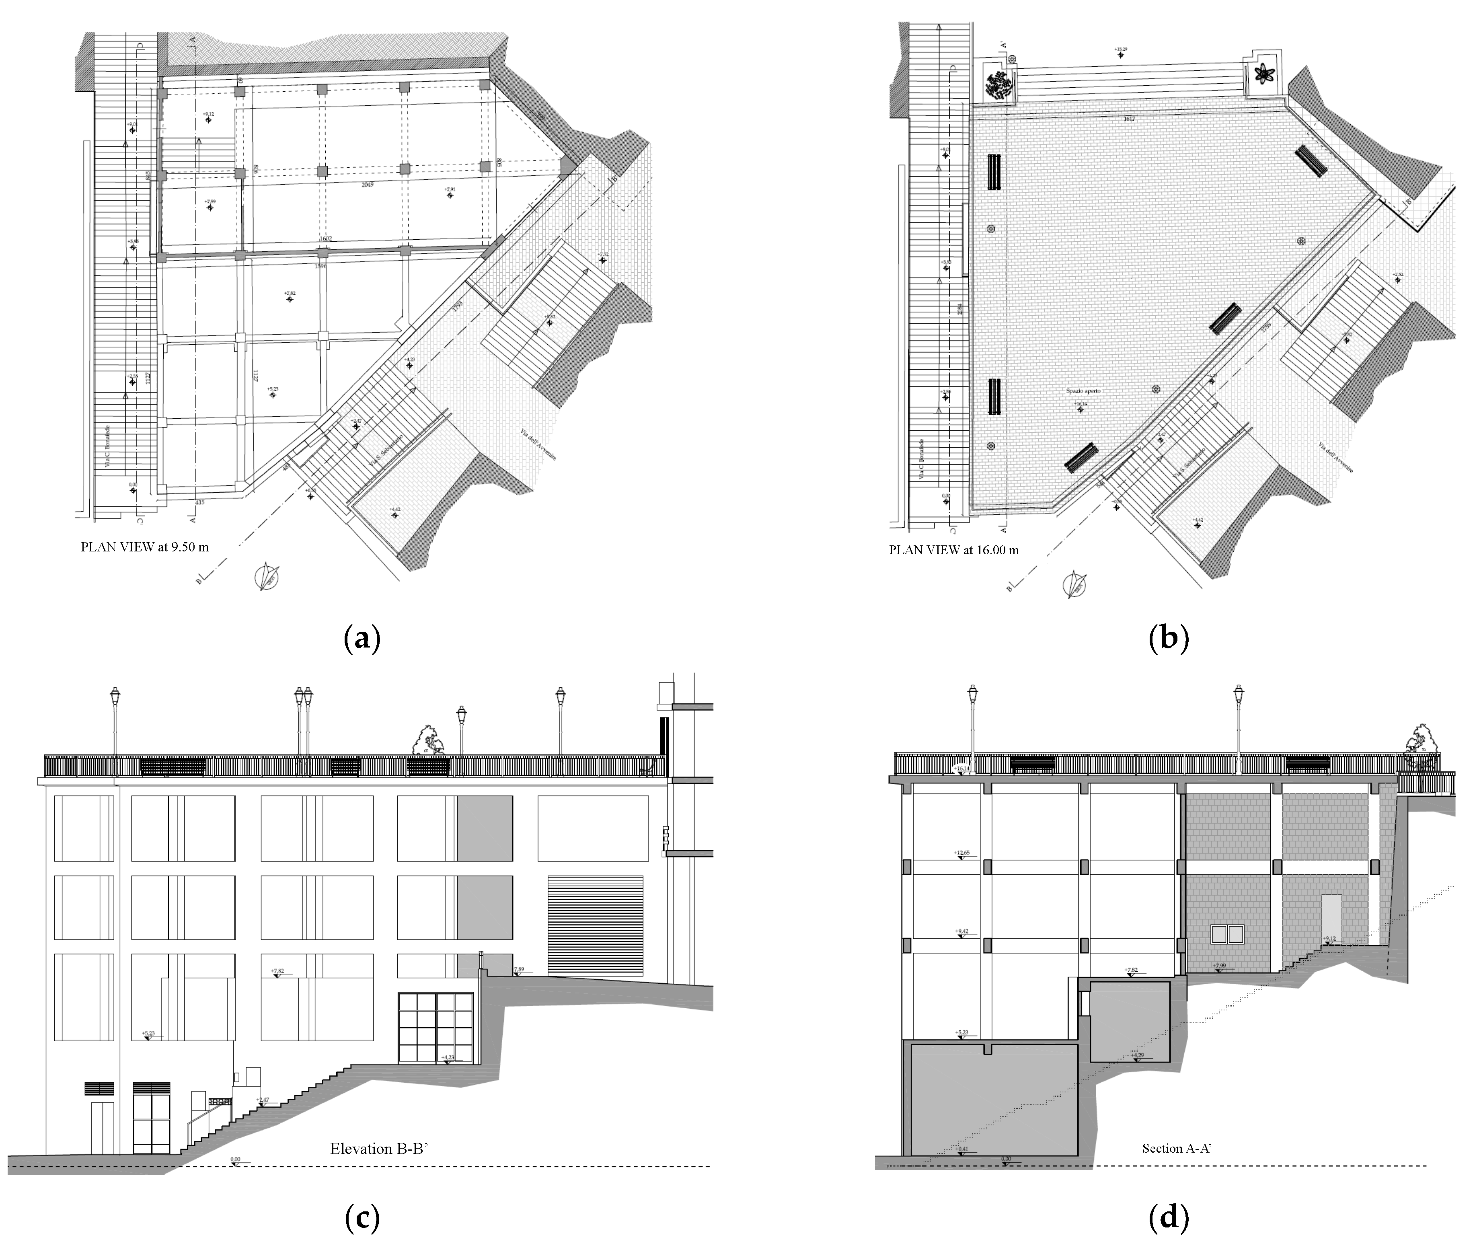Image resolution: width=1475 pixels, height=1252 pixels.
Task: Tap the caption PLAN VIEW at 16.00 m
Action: tap(953, 550)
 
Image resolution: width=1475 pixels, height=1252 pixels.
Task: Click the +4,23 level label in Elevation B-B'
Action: tap(448, 1057)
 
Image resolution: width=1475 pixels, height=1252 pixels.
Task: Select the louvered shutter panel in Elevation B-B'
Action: tap(594, 925)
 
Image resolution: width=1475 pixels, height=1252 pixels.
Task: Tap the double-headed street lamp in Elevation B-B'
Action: tap(303, 720)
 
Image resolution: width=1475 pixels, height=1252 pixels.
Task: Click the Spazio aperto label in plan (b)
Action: tap(1083, 391)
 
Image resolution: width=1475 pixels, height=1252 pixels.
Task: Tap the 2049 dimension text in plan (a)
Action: tap(367, 185)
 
